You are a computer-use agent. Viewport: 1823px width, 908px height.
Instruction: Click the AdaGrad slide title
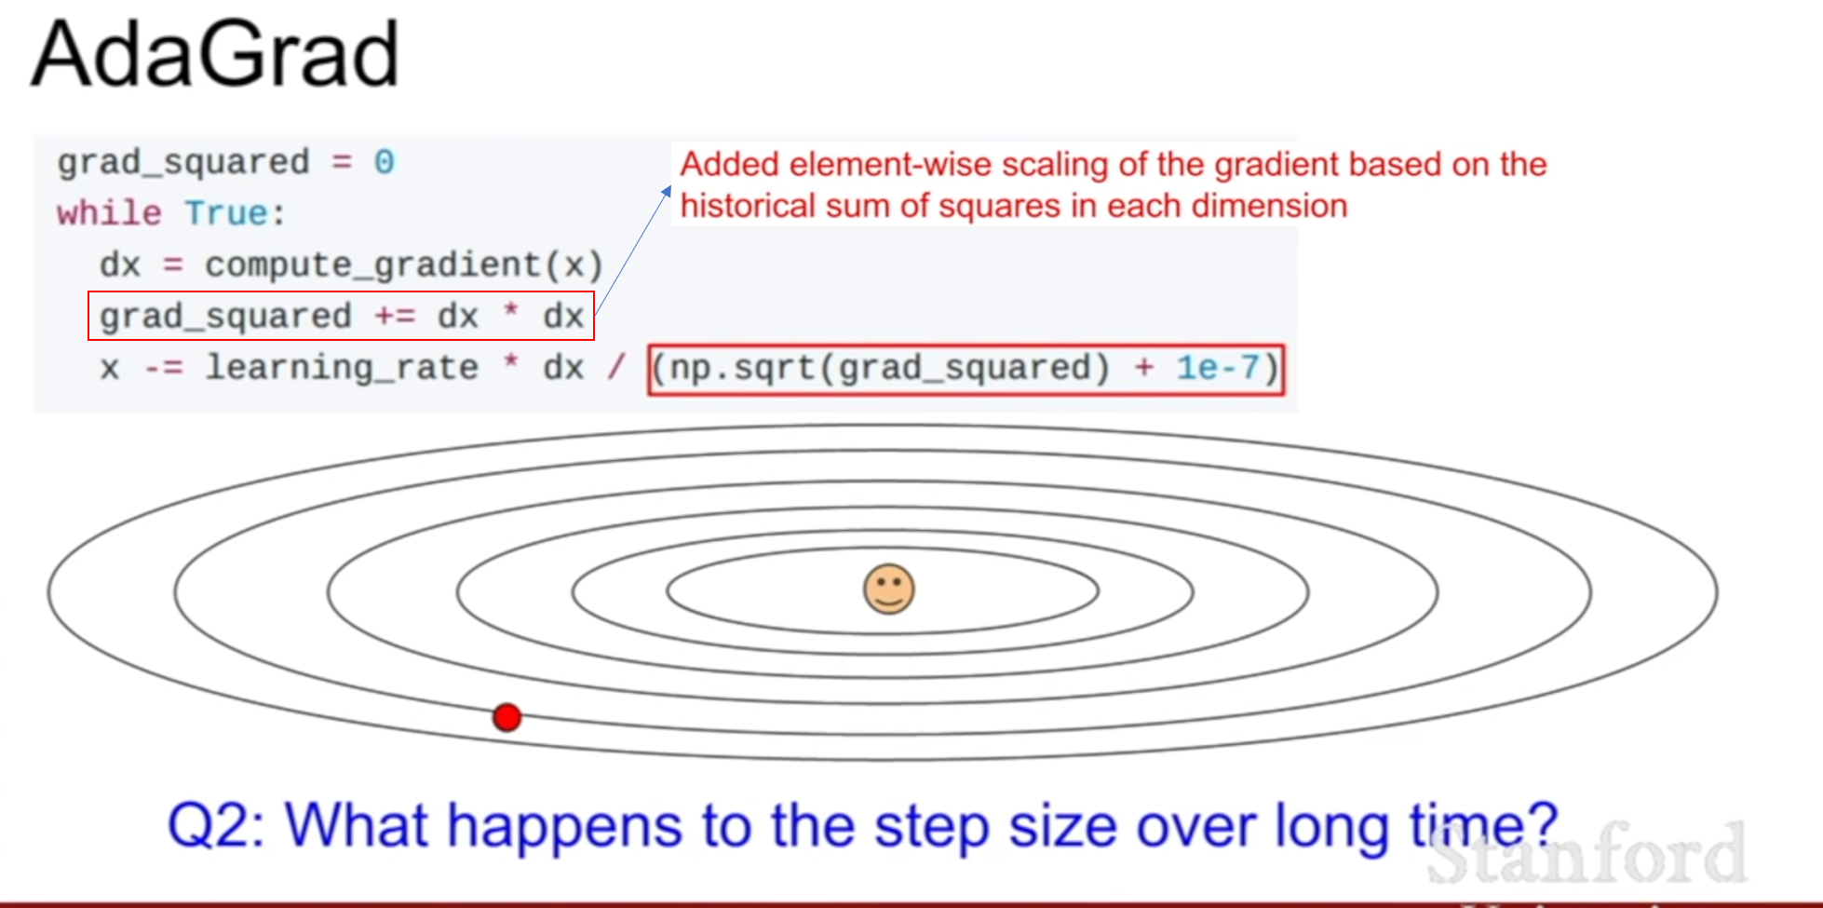(215, 54)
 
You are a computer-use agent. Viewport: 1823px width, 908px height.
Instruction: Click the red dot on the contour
(507, 717)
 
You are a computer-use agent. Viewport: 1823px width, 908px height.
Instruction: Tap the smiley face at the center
(889, 589)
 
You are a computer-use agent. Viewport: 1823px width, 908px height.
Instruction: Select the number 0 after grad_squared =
(385, 162)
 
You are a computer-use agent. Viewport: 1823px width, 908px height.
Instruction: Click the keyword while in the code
(109, 213)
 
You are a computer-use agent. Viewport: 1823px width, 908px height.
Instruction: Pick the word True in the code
(226, 213)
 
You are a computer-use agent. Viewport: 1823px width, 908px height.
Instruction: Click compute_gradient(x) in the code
(404, 265)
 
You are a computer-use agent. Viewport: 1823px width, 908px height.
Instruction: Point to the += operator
(395, 317)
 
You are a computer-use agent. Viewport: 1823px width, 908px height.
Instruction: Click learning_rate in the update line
(342, 368)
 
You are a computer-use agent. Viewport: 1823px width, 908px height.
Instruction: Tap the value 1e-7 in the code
(1217, 368)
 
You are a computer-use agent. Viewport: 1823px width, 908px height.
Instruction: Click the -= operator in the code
(163, 369)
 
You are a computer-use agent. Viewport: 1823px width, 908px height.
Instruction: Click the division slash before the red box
(615, 367)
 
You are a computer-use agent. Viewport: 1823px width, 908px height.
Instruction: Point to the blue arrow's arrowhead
(667, 191)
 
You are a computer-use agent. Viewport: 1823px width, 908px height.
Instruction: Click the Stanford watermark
(1587, 852)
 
